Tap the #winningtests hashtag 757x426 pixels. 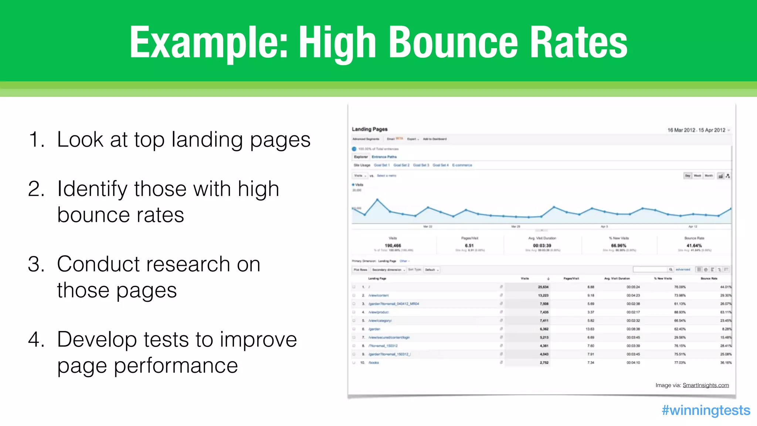point(706,410)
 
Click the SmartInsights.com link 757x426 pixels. point(706,385)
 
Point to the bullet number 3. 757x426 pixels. point(36,264)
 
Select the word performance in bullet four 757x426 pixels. point(176,366)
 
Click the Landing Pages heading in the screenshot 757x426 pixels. point(370,129)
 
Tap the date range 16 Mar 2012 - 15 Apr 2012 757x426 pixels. point(696,130)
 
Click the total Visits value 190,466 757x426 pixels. point(393,246)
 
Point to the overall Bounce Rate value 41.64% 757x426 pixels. point(694,246)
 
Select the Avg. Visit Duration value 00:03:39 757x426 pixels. point(542,246)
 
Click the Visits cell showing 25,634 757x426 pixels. point(543,287)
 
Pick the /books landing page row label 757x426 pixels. point(374,363)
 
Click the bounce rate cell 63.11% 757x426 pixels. point(726,312)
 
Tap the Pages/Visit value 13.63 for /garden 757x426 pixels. point(590,329)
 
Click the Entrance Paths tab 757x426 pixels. point(384,157)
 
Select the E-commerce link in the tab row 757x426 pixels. point(462,165)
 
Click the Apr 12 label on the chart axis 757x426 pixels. point(693,226)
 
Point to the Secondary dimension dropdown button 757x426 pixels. point(388,270)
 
